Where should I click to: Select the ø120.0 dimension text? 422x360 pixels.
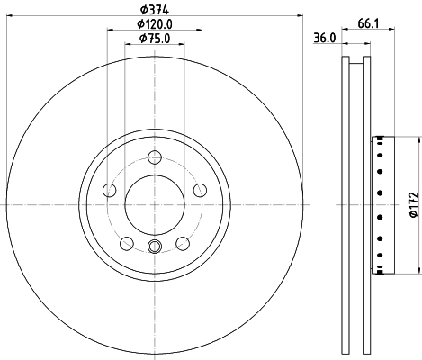click(x=154, y=24)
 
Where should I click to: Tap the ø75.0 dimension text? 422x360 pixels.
click(x=154, y=40)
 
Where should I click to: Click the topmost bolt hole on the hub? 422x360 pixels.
click(x=154, y=157)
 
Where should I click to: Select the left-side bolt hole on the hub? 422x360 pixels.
click(x=110, y=190)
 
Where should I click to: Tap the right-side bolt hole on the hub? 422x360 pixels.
click(x=198, y=190)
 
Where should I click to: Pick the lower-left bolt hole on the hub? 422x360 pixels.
click(x=127, y=242)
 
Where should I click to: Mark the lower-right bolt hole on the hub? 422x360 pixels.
click(x=181, y=242)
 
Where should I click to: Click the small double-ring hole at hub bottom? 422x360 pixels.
click(x=154, y=249)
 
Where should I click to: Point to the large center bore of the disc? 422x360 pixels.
click(x=154, y=204)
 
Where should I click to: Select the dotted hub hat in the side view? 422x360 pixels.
click(x=382, y=204)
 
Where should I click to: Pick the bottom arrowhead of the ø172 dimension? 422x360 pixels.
click(x=418, y=273)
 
